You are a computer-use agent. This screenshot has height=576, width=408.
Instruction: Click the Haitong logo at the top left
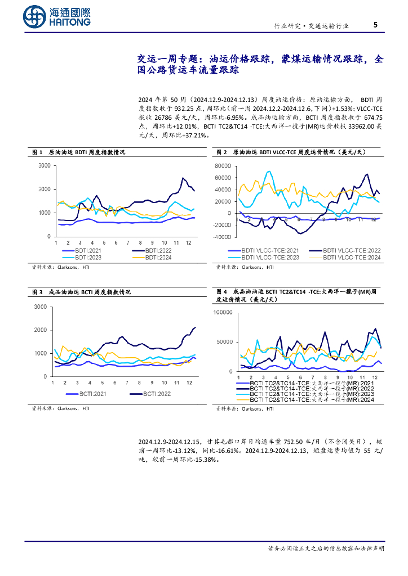tap(57, 16)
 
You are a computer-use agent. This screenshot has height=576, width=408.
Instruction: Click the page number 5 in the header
tap(375, 25)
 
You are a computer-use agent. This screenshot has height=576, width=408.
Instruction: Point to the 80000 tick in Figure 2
tap(223, 165)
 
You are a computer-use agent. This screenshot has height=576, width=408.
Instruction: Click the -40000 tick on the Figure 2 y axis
tap(222, 237)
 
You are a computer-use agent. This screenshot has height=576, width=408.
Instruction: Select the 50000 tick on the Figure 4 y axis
tap(226, 341)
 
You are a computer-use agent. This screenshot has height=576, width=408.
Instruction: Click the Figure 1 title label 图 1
tap(37, 152)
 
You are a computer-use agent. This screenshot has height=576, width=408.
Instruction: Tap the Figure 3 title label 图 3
tap(37, 292)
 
